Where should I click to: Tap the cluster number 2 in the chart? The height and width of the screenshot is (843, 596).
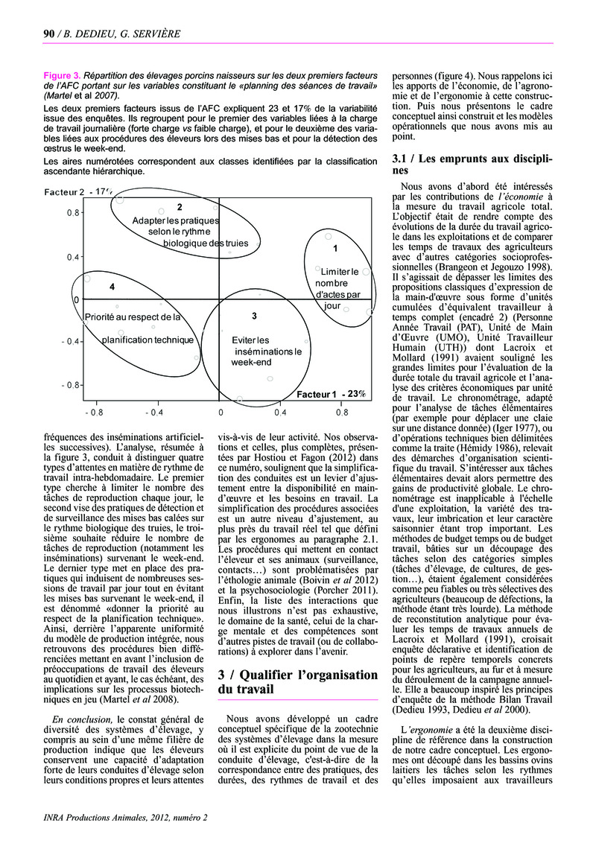tap(180, 206)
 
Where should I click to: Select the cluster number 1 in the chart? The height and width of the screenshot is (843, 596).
tap(335, 247)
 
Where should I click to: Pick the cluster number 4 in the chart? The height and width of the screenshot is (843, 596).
tap(112, 287)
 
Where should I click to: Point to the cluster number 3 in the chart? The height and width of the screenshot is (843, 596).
tap(254, 316)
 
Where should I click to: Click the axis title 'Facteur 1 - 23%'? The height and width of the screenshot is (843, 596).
tap(332, 393)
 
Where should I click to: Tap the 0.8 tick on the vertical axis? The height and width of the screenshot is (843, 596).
tap(72, 212)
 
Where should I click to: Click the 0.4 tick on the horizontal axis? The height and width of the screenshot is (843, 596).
tap(281, 411)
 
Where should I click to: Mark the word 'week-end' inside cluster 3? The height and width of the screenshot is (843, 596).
tap(251, 363)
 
